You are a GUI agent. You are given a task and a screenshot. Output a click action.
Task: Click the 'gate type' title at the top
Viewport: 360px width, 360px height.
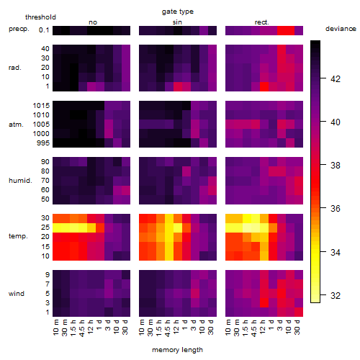coord(178,12)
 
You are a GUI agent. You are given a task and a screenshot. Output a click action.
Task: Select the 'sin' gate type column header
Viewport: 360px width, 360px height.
coord(177,22)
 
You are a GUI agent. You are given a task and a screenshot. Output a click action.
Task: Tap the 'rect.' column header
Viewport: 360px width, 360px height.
coord(261,22)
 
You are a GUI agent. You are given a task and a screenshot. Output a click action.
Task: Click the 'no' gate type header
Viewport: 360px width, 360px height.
coord(93,22)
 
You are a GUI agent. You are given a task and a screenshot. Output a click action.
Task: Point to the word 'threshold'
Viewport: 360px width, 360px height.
coord(40,17)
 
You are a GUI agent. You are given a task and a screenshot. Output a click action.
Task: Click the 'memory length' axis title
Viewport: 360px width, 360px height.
coord(177,350)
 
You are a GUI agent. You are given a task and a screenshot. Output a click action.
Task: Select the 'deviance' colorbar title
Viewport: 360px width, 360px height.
coord(341,29)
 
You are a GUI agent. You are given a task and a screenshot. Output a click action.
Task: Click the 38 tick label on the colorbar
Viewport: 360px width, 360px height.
coord(336,166)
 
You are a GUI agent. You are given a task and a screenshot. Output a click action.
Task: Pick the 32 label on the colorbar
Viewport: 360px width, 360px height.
coord(336,296)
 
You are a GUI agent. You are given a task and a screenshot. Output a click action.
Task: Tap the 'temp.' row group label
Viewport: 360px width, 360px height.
coord(18,236)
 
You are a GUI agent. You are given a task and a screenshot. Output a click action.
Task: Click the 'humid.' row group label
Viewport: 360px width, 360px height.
coord(20,181)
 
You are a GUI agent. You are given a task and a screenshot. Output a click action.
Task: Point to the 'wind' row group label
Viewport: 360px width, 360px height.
coord(17,294)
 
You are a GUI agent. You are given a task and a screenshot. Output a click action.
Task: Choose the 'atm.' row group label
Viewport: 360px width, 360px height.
coord(16,125)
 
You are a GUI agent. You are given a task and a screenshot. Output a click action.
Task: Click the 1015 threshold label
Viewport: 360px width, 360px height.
coord(41,106)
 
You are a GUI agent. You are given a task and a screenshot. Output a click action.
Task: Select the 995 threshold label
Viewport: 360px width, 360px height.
coord(43,143)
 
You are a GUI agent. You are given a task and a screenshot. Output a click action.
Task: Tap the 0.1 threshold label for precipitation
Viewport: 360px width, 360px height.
coord(44,30)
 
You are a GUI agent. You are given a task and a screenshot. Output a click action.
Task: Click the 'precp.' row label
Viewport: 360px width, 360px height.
coord(19,29)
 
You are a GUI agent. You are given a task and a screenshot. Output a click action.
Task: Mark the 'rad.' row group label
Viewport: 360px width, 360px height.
coord(15,68)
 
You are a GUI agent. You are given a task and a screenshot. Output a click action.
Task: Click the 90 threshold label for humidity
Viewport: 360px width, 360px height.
coord(45,162)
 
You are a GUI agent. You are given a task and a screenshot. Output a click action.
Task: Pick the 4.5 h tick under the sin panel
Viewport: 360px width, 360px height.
coord(168,328)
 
